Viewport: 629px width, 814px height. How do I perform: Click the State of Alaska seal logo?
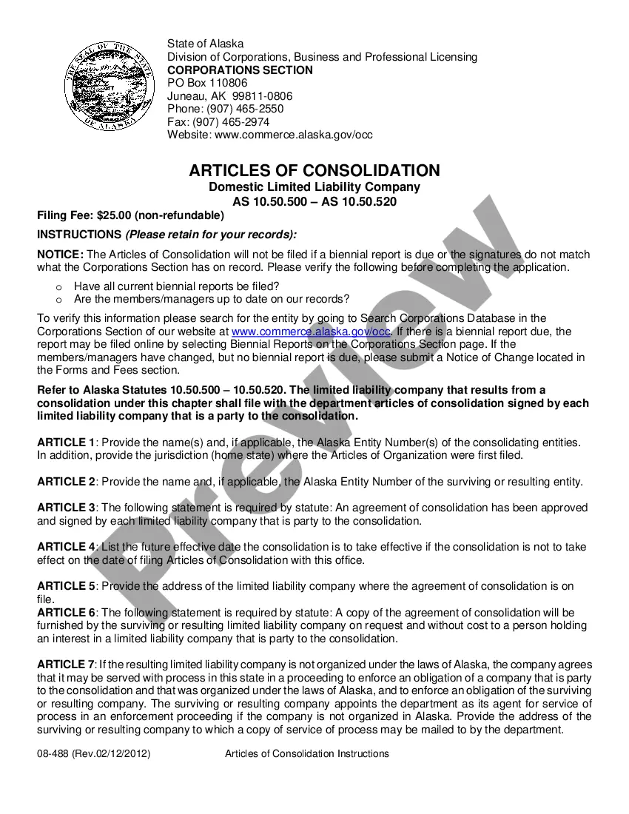107,87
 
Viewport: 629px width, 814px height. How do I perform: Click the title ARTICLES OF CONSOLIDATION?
314,171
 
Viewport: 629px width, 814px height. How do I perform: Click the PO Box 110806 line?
207,83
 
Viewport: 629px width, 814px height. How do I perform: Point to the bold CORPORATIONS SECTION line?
240,70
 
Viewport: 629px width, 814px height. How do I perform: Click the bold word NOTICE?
60,255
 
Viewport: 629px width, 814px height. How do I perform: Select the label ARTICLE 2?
66,482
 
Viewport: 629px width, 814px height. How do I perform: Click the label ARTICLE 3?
66,508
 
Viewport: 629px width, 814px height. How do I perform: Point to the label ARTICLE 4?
66,547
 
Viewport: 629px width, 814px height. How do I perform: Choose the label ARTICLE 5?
66,586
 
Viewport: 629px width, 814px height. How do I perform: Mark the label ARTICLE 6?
66,613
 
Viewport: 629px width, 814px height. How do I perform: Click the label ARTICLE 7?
66,665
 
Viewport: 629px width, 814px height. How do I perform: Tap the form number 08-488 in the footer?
53,754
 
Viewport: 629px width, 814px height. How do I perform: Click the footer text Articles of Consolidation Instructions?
306,754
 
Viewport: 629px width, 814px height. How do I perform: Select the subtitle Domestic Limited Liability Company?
314,187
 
